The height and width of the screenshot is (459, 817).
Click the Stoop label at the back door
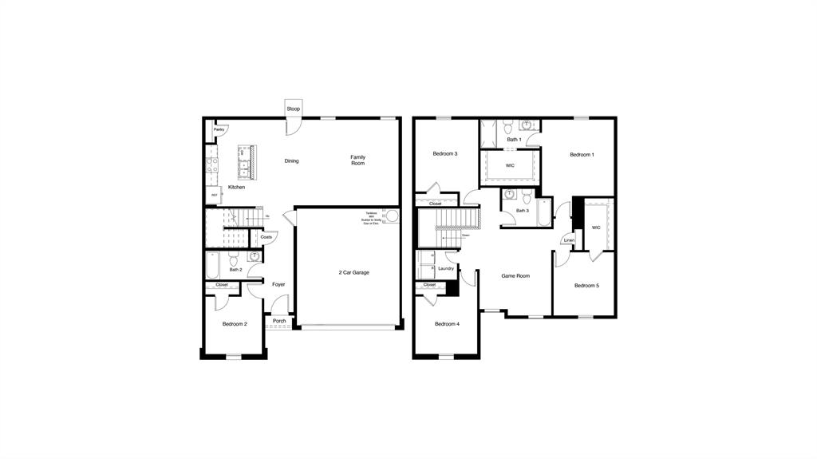click(x=294, y=109)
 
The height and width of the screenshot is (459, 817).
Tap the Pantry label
click(x=218, y=129)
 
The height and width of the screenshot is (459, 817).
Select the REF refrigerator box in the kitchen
click(x=214, y=194)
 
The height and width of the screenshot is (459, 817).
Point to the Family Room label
click(x=357, y=160)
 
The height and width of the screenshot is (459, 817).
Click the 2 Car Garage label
click(x=349, y=272)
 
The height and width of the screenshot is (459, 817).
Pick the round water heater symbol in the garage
click(x=392, y=216)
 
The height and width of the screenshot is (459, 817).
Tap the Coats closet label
click(x=266, y=237)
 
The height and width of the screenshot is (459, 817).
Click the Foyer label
click(x=278, y=284)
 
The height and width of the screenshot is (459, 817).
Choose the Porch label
click(x=279, y=321)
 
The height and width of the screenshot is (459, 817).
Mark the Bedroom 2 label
click(x=235, y=324)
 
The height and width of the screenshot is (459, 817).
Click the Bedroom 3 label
click(x=445, y=153)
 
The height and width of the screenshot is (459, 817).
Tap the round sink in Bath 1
click(x=527, y=125)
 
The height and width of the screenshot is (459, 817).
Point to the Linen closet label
click(x=568, y=240)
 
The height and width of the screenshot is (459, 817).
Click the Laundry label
click(x=446, y=268)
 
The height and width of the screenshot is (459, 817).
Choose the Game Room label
click(x=515, y=275)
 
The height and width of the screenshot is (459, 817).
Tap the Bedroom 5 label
click(x=586, y=285)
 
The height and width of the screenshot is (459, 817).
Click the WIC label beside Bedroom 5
click(x=596, y=228)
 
